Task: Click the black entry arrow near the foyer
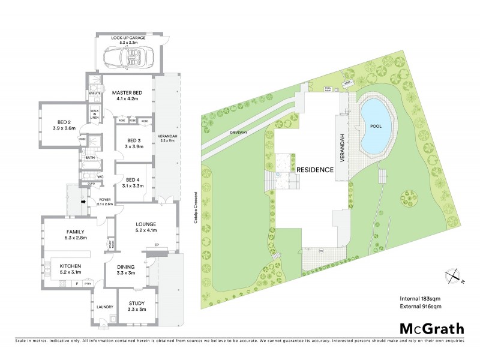(x=83, y=201)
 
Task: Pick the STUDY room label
(x=137, y=306)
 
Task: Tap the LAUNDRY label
(x=104, y=307)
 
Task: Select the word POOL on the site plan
(x=376, y=127)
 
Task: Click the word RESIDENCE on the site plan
(x=314, y=170)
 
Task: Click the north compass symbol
(x=454, y=275)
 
